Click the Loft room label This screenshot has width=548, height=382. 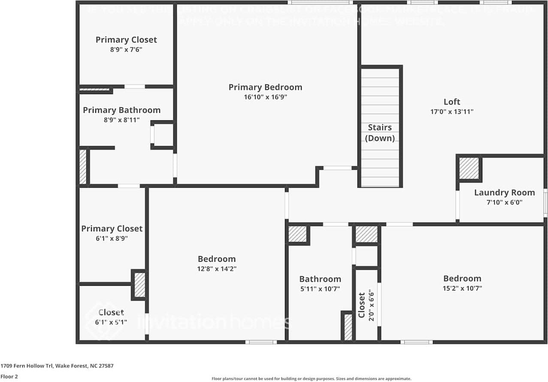[451, 102]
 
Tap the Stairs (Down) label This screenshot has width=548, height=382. [380, 133]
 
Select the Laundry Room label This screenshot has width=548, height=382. [504, 193]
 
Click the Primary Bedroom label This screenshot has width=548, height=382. [265, 87]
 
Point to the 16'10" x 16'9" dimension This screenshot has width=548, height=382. [265, 97]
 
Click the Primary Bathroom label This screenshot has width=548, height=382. [121, 110]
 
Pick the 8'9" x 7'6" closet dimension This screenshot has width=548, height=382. [126, 49]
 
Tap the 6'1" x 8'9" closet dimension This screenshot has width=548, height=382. [112, 238]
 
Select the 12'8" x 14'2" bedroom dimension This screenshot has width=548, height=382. [217, 269]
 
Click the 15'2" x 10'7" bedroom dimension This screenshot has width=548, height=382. [462, 288]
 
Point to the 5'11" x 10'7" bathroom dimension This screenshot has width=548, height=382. [320, 289]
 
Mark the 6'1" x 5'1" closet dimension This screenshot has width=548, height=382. [111, 321]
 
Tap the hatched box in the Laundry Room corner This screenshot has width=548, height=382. [469, 168]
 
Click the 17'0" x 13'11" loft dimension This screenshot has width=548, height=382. [451, 112]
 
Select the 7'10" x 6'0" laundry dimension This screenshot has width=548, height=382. [504, 202]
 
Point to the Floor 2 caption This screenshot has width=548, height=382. [9, 376]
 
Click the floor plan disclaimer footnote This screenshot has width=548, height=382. [311, 379]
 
